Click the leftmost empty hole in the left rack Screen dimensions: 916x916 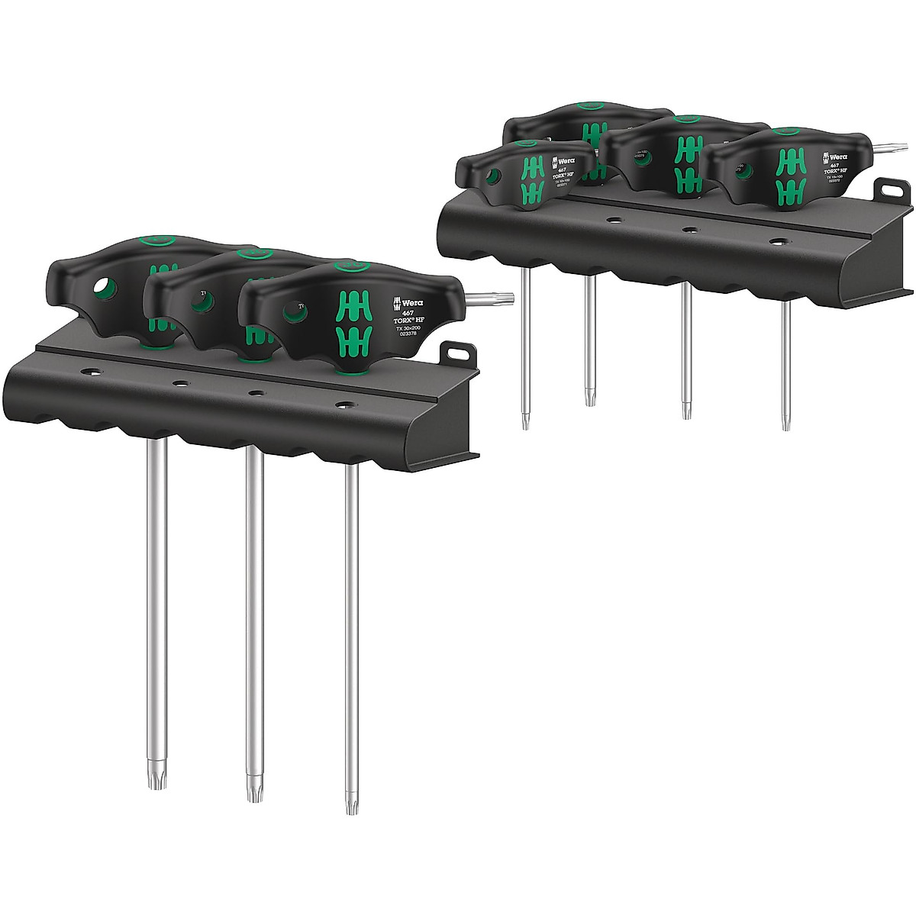pos(92,375)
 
